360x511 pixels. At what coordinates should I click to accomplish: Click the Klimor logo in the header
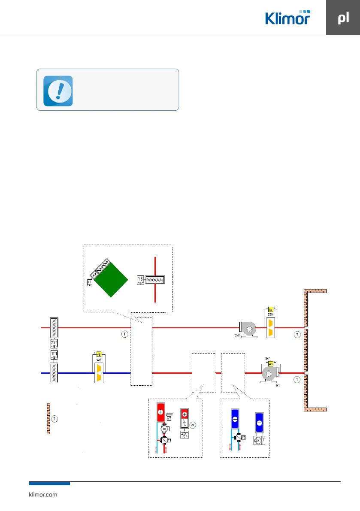tap(287, 18)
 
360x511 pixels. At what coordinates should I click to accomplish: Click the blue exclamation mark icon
tap(58, 91)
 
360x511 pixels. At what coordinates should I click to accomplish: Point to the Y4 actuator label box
tap(90, 282)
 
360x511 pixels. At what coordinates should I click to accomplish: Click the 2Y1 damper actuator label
tap(54, 343)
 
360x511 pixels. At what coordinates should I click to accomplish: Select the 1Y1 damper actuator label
tap(54, 354)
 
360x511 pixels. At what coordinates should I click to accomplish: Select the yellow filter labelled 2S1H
tap(271, 326)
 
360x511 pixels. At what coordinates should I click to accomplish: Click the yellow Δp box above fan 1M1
tap(271, 363)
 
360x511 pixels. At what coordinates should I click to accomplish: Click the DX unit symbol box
tap(258, 441)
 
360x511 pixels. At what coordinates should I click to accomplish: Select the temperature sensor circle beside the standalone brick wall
tap(54, 418)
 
